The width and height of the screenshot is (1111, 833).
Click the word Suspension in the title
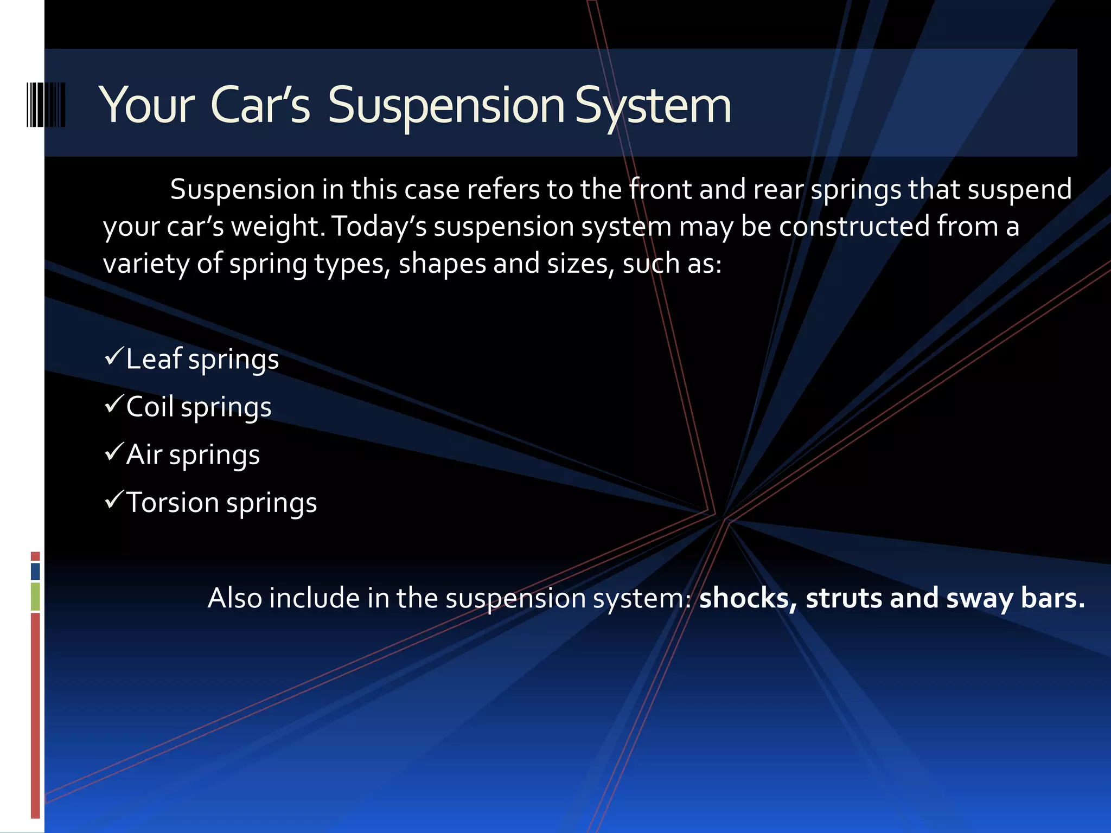(x=446, y=106)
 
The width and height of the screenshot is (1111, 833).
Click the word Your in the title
(x=146, y=106)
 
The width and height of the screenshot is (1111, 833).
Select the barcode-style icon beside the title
(x=46, y=105)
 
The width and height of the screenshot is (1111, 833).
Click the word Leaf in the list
(x=154, y=359)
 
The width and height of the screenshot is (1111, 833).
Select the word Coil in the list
(x=150, y=407)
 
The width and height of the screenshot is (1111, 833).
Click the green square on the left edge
(x=35, y=597)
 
